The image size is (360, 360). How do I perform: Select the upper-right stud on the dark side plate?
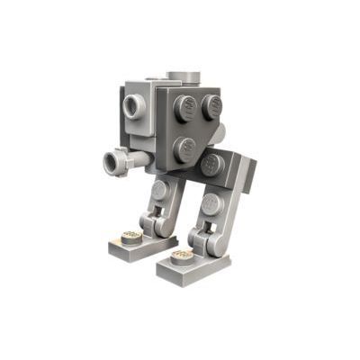pos(211,106)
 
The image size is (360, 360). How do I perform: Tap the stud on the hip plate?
pos(212,164)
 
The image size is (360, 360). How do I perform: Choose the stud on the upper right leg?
pos(212,203)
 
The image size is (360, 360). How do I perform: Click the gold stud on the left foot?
pos(130,238)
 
